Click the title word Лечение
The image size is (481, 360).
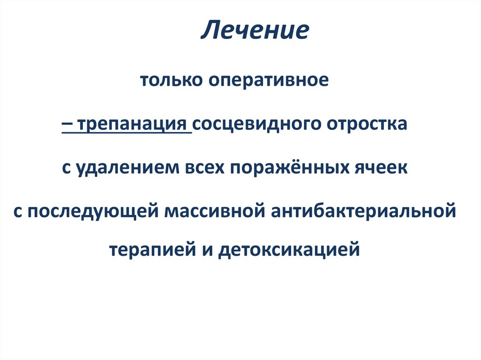[255, 31]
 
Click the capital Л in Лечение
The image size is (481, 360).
[209, 31]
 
